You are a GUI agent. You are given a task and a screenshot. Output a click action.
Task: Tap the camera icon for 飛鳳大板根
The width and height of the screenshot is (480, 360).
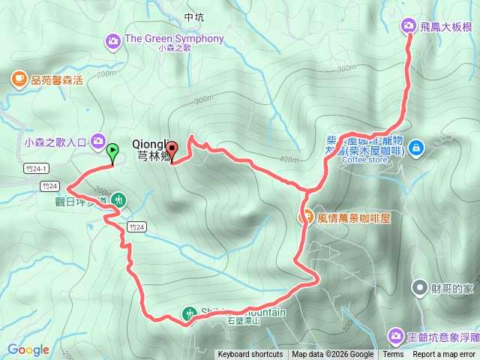click(x=409, y=26)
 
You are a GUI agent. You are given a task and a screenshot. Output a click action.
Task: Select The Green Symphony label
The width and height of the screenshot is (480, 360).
click(x=174, y=39)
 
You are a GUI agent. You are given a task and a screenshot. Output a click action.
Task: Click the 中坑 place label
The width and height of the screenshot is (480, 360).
click(x=193, y=16)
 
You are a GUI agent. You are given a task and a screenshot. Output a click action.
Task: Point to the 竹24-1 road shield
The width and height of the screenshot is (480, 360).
click(x=36, y=168)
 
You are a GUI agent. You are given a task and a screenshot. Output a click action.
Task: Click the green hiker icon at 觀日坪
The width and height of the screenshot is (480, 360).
click(x=118, y=200)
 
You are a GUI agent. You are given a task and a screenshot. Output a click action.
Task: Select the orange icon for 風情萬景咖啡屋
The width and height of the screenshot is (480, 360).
click(x=306, y=217)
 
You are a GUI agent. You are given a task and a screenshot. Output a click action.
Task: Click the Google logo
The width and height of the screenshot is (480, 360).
click(x=28, y=349)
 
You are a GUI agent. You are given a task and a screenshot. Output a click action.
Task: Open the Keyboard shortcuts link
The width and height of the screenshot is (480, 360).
click(x=250, y=355)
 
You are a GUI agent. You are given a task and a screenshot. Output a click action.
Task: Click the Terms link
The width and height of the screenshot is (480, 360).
click(x=393, y=355)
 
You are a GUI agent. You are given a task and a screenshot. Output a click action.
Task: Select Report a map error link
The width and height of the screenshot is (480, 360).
click(x=444, y=355)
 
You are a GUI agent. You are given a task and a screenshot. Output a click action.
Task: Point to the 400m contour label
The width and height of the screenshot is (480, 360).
click(x=288, y=159)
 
